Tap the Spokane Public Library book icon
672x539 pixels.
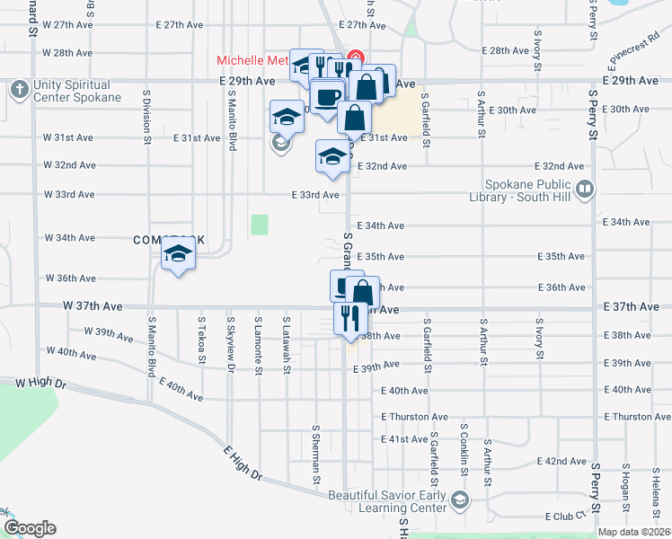click(x=585, y=189)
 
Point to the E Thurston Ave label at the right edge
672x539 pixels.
click(x=638, y=417)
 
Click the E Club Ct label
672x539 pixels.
click(x=565, y=517)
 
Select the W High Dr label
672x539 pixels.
click(x=41, y=383)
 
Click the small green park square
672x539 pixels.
click(x=260, y=224)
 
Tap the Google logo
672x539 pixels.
click(x=30, y=528)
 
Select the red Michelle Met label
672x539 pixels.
click(x=252, y=61)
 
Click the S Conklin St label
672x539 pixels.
click(x=463, y=449)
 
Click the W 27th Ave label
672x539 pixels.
click(x=68, y=25)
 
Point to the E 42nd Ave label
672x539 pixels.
click(x=561, y=461)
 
